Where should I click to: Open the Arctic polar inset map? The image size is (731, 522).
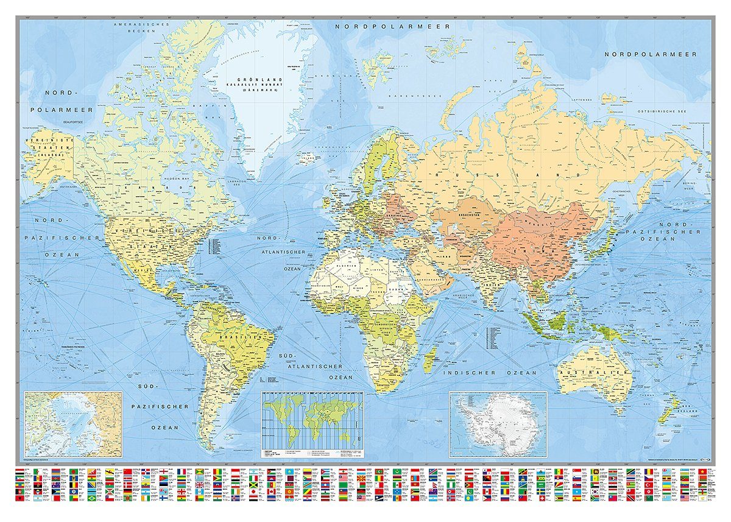[x=72, y=423]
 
